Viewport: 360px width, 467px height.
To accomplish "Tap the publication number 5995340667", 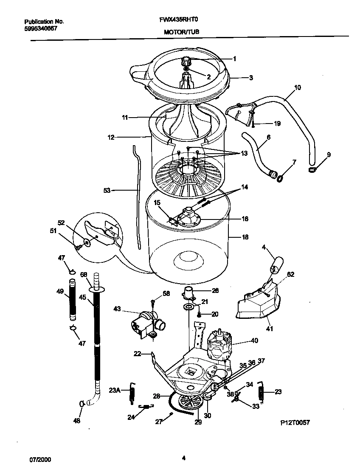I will [x=41, y=28].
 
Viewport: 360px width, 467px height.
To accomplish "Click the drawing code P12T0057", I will [x=295, y=422].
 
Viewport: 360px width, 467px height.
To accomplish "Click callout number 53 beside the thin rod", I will [x=107, y=191].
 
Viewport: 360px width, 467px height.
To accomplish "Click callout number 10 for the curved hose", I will [x=297, y=88].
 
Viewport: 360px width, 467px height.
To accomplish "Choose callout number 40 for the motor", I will [x=254, y=340].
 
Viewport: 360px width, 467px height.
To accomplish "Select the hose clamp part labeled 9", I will [x=313, y=170].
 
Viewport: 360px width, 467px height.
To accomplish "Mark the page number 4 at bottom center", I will [x=183, y=458].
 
